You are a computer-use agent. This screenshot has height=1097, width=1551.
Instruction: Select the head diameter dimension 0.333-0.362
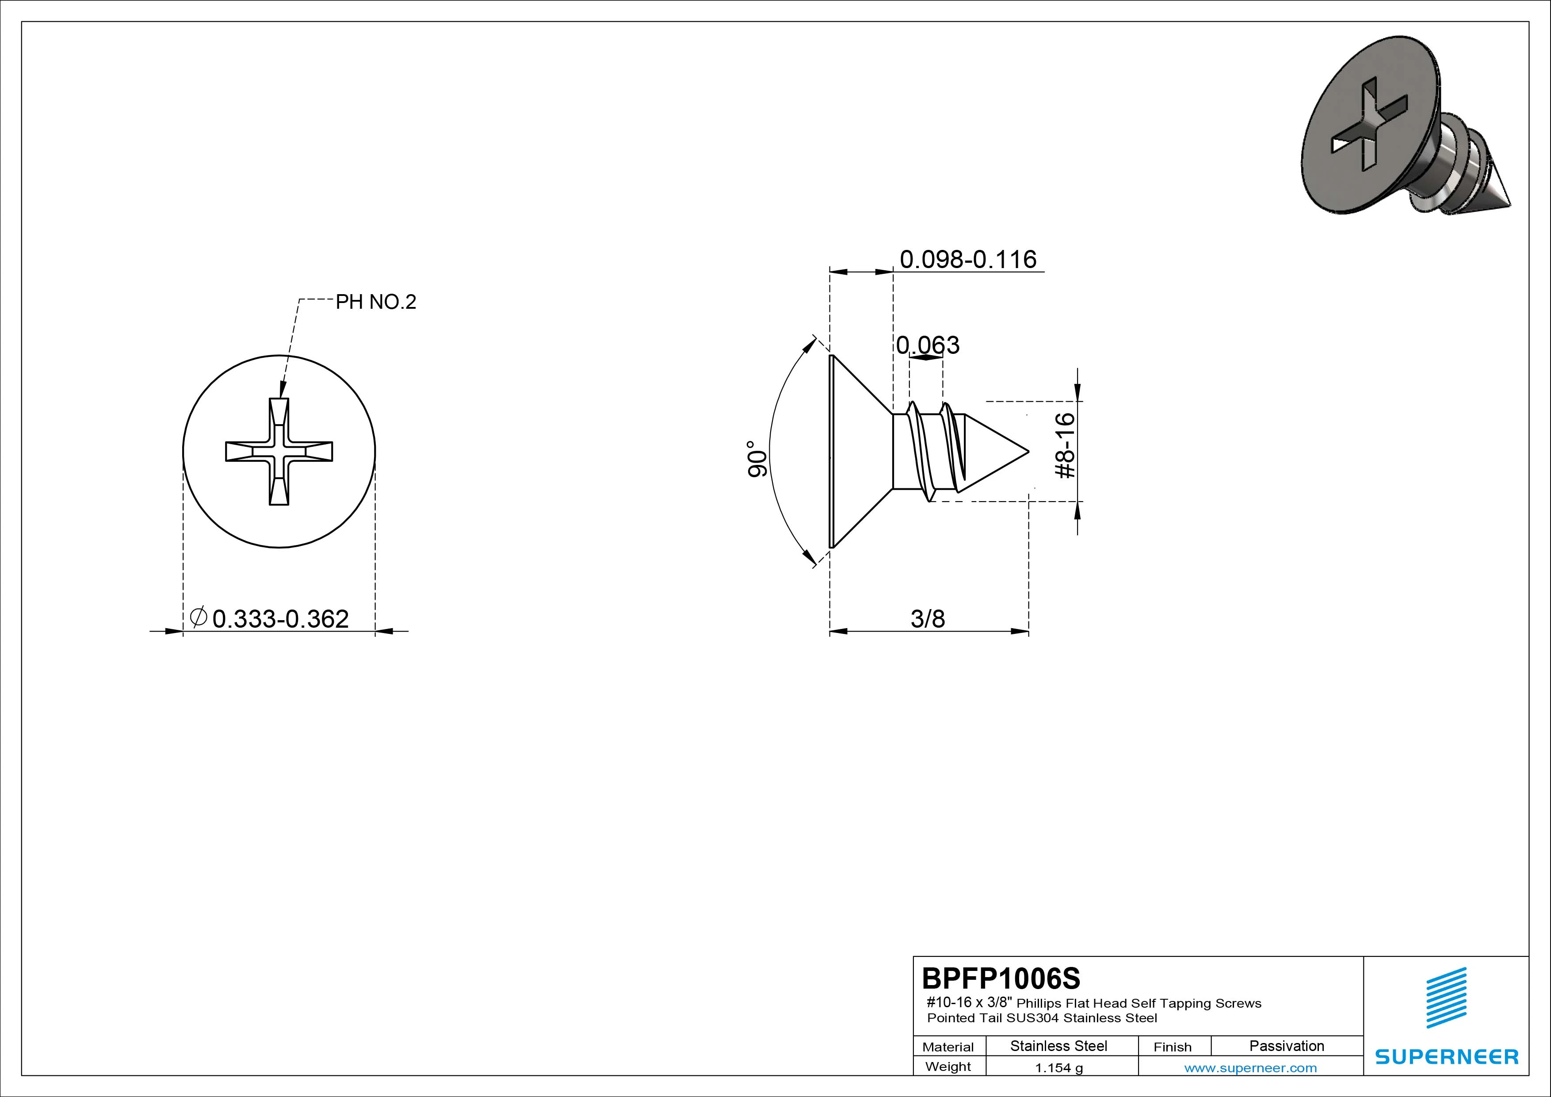280,618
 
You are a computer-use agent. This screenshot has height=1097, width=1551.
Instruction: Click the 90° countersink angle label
758,459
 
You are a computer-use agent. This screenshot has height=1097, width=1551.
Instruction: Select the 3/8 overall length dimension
928,618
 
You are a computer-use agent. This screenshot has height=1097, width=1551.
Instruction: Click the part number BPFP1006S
1001,978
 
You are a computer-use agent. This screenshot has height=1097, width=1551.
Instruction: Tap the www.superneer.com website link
1250,1068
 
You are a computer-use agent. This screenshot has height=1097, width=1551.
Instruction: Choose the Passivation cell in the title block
1286,1046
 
